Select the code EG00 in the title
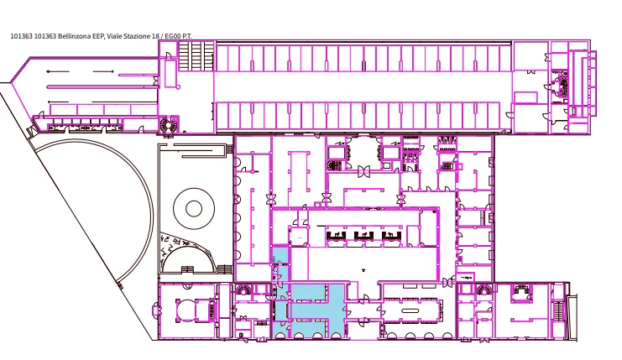(173, 36)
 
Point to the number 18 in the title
(156, 36)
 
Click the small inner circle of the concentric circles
(194, 209)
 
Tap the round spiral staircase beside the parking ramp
(167, 125)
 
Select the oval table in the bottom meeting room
(410, 310)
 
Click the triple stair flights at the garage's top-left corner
(196, 56)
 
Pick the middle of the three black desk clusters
(363, 237)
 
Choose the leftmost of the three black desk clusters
(336, 237)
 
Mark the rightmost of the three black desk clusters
(391, 237)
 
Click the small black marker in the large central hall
(363, 270)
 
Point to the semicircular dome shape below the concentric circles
(190, 257)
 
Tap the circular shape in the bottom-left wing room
(186, 310)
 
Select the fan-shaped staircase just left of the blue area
(243, 290)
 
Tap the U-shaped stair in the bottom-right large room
(521, 295)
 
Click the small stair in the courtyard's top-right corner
(230, 149)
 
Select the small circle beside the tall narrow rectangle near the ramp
(179, 86)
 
